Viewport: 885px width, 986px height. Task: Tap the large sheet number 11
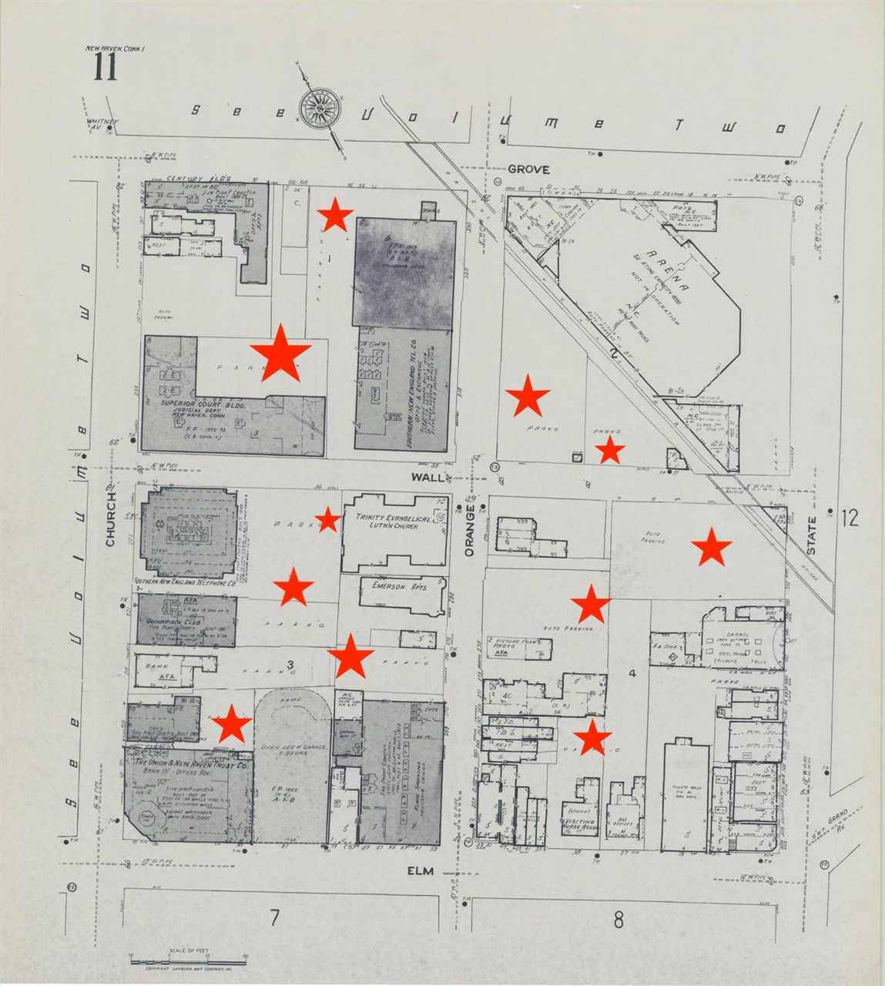(x=106, y=68)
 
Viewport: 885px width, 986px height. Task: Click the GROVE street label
(x=528, y=169)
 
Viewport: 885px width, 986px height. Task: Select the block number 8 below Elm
(x=617, y=919)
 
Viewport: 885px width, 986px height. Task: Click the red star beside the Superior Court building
(x=280, y=353)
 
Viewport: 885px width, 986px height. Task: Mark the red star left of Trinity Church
(x=328, y=520)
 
